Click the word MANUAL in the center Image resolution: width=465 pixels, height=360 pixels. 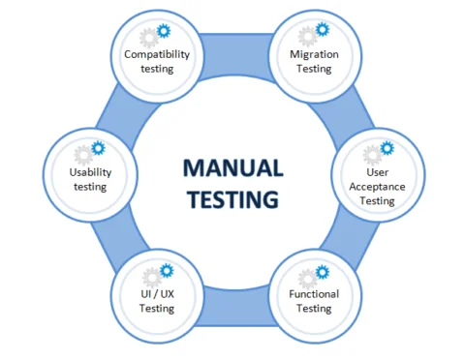232,167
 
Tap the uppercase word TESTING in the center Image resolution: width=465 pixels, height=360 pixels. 232,199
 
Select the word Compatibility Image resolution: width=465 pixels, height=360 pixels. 156,54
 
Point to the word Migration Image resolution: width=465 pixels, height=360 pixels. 314,54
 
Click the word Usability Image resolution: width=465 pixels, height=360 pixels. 90,172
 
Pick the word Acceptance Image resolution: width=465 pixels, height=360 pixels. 377,187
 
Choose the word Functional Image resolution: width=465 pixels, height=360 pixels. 314,293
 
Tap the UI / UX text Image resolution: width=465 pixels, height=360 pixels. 156,293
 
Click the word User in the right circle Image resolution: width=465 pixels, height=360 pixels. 377,172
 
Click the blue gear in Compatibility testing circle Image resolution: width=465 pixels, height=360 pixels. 166,30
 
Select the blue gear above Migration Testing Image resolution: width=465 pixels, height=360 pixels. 324,30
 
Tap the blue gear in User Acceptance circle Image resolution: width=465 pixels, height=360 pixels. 387,148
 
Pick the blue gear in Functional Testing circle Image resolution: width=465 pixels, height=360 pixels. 324,271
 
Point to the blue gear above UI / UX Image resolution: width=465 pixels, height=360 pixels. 166,271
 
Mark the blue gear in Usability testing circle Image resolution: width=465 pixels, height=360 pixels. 99,148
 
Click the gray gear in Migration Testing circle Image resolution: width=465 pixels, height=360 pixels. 307,38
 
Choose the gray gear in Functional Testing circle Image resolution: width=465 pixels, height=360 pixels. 307,278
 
